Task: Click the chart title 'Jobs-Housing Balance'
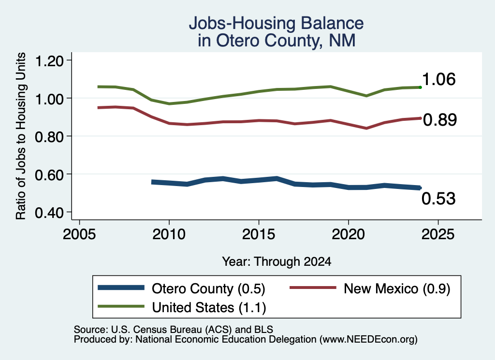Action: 276,23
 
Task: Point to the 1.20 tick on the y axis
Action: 49,60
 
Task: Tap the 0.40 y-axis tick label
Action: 49,213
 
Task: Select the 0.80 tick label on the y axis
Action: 49,137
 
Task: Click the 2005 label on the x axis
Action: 79,234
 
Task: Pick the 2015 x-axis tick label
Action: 259,234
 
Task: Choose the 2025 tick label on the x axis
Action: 438,234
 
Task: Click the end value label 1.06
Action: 439,79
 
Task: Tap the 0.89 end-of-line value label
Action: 440,120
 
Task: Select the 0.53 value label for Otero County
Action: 438,199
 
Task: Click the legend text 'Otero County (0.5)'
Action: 208,288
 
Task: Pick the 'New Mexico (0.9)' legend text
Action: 397,288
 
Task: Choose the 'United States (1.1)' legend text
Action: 209,307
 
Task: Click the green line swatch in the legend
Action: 121,306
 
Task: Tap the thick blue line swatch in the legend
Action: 121,288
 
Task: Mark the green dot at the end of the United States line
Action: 420,87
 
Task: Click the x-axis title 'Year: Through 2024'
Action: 277,261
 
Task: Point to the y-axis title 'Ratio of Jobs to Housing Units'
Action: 21,136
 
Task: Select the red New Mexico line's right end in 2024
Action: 420,118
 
